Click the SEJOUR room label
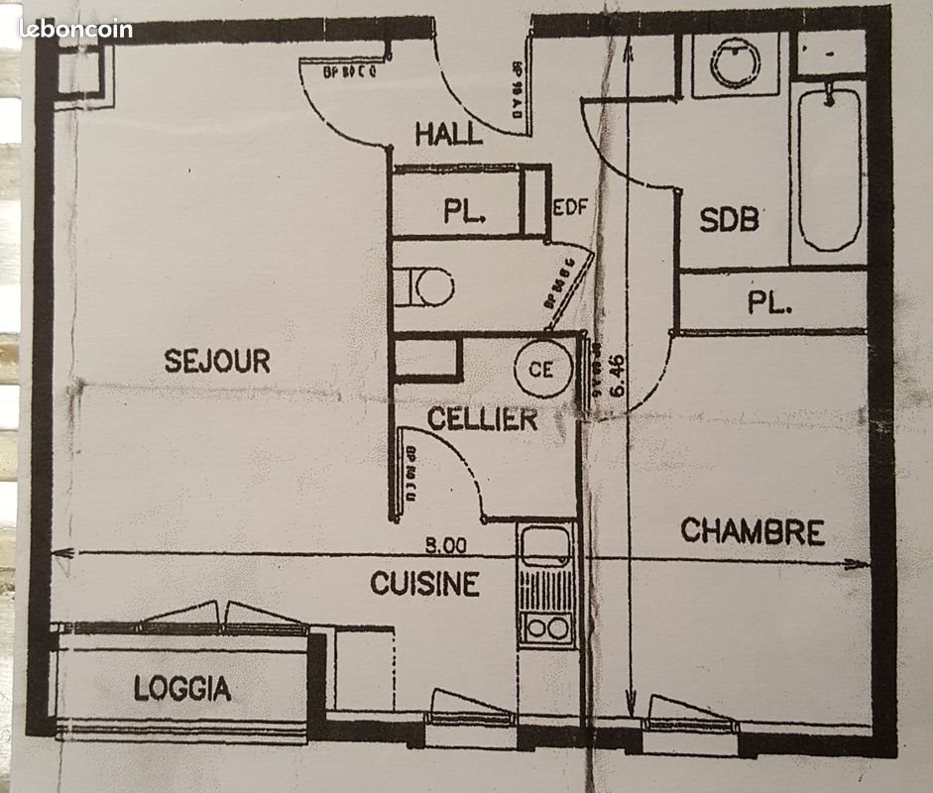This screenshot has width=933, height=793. [217, 361]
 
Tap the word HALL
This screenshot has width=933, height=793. [448, 134]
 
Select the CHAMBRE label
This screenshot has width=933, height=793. [753, 532]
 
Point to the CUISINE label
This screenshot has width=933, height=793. [424, 584]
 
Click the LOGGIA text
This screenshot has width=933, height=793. [182, 688]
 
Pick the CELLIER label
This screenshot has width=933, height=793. [482, 419]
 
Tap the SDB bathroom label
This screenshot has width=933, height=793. [729, 219]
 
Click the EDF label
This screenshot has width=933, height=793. [571, 207]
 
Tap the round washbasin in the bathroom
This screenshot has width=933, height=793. [736, 62]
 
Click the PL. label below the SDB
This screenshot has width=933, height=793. [769, 303]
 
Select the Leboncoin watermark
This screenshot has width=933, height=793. [75, 30]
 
